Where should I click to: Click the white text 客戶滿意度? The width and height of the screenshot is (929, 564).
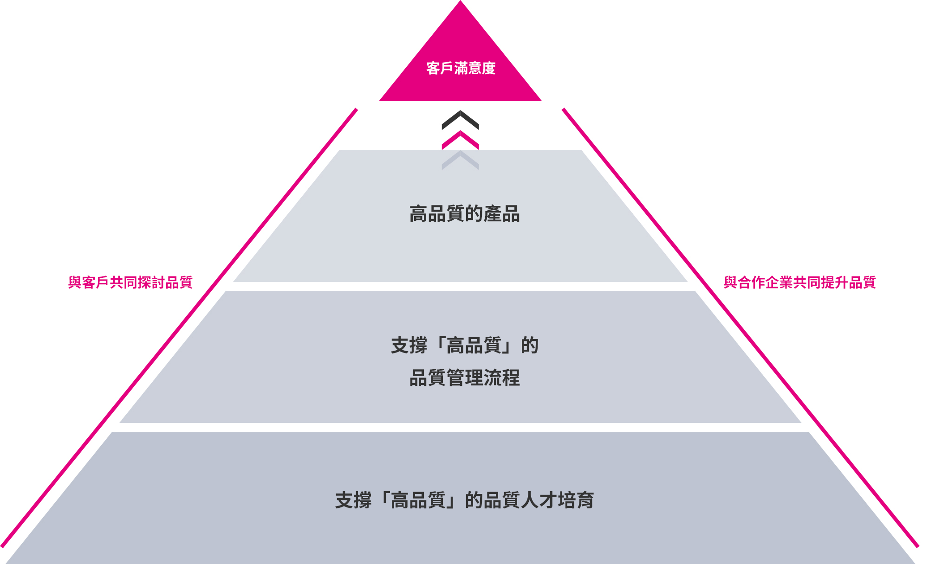(x=461, y=68)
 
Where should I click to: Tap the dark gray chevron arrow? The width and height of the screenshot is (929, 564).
(x=460, y=119)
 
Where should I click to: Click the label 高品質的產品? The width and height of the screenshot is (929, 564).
(x=464, y=214)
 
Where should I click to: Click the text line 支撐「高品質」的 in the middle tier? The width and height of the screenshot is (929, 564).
(x=464, y=346)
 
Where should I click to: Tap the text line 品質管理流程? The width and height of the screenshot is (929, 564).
(x=464, y=378)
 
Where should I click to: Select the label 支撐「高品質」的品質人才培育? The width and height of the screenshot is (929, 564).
(x=464, y=500)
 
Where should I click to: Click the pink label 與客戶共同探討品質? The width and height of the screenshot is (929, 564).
(x=130, y=282)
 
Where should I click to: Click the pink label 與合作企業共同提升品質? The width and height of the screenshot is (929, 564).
(x=799, y=282)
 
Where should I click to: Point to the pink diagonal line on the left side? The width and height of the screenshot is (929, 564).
(x=179, y=328)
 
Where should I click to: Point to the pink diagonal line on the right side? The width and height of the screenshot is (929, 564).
(x=740, y=328)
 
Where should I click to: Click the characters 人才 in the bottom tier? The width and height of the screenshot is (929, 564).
(x=539, y=500)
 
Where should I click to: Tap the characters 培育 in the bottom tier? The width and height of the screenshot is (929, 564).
(x=576, y=500)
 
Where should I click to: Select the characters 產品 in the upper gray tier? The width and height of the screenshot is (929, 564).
(x=501, y=214)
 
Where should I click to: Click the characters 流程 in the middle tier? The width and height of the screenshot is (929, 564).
(x=501, y=378)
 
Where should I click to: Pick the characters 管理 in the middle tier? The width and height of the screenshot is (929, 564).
(x=464, y=378)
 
